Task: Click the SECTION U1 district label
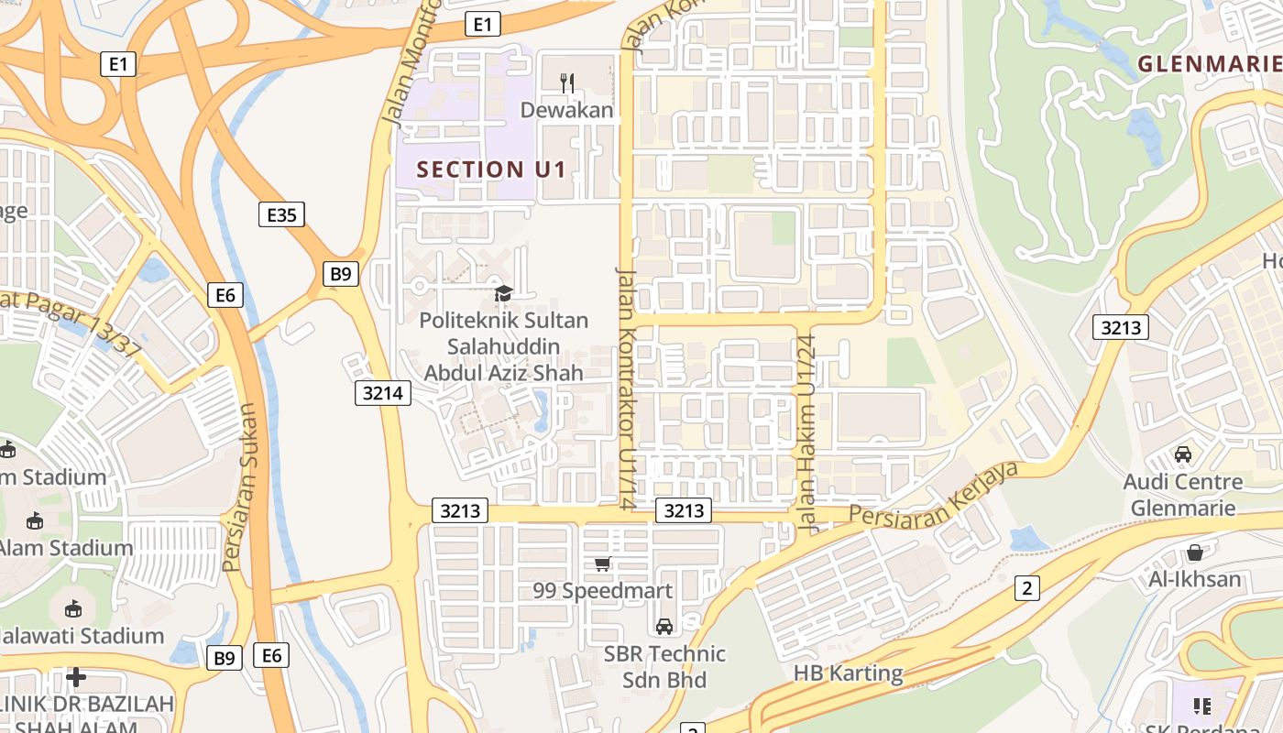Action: click(491, 170)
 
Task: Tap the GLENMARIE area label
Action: click(1209, 63)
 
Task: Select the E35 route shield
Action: click(280, 214)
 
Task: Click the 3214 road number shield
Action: click(382, 393)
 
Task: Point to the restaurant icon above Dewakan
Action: click(567, 83)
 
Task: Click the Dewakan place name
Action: click(566, 110)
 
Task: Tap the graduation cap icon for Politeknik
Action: click(503, 293)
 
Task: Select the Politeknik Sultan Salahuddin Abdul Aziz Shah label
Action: click(503, 346)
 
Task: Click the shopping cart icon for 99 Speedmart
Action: click(602, 563)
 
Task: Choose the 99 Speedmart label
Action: click(602, 591)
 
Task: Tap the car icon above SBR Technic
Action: click(664, 627)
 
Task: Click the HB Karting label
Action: click(848, 673)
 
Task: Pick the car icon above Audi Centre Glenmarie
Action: click(1183, 454)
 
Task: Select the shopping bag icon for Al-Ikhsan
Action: click(1195, 552)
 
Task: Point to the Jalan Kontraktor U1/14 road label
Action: click(626, 388)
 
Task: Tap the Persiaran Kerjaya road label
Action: click(934, 495)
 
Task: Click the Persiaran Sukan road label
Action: click(241, 487)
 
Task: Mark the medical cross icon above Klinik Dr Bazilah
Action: click(76, 677)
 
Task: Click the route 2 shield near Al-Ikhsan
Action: click(1026, 588)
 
